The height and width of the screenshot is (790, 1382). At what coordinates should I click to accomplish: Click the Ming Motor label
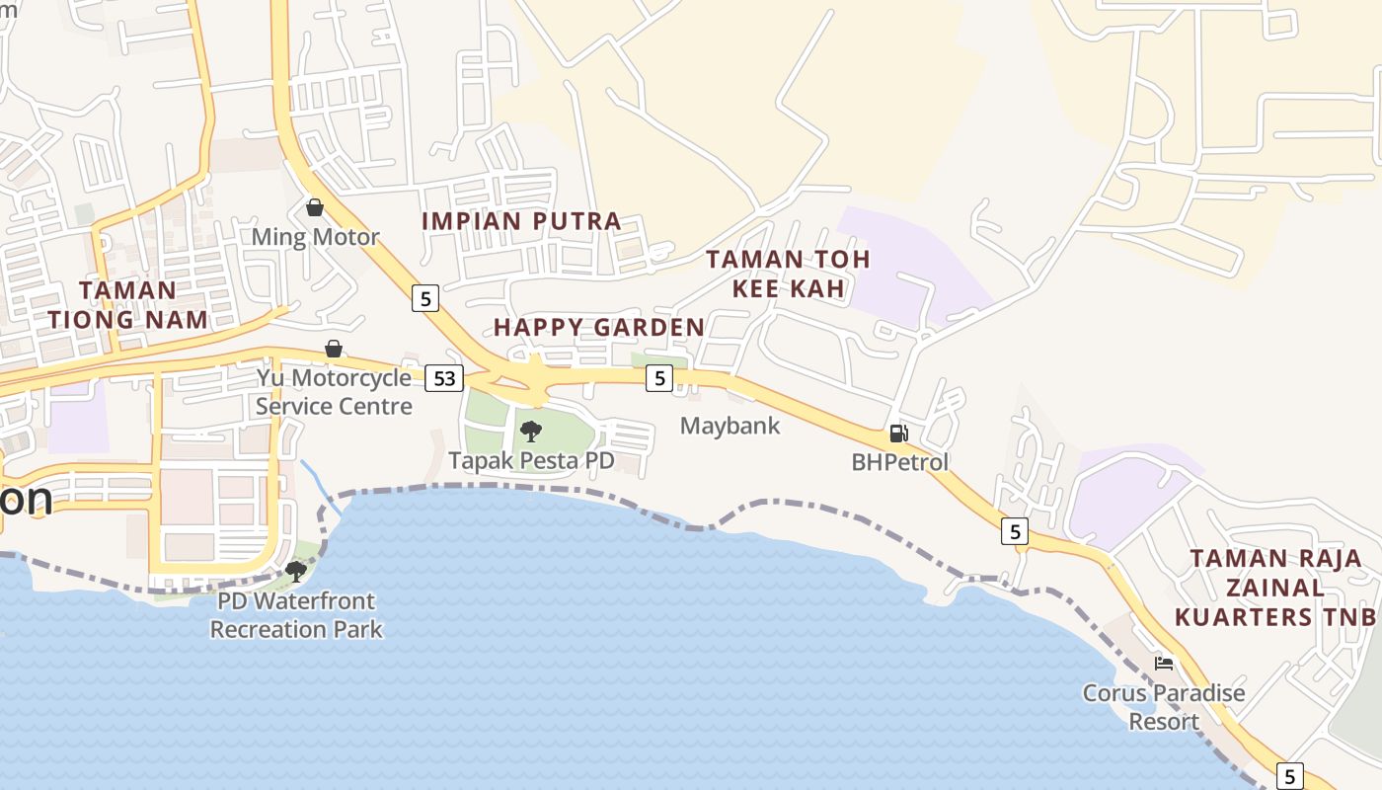315,237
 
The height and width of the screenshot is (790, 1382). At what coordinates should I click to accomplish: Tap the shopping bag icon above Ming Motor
315,207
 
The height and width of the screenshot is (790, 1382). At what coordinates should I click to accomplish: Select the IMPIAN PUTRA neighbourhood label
521,221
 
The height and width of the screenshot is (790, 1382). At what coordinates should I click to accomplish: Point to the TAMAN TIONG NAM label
128,304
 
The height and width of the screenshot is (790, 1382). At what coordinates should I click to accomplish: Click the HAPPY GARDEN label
599,327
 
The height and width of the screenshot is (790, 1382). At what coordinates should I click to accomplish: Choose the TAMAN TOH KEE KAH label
789,274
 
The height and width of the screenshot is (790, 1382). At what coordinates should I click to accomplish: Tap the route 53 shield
444,377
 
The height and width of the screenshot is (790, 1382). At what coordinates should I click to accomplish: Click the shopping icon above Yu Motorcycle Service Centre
334,350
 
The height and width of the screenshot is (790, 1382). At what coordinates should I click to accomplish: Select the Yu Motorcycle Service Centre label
334,392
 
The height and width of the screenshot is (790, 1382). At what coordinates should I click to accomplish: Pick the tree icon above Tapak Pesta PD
531,432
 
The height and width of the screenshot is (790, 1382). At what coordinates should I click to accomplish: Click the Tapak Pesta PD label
531,461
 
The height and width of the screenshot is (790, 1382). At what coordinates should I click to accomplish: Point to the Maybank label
730,426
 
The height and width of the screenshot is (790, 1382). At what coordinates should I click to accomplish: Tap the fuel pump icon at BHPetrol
899,434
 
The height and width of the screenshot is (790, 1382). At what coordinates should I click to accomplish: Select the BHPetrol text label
899,462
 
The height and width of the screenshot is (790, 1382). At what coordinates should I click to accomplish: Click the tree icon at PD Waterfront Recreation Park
295,571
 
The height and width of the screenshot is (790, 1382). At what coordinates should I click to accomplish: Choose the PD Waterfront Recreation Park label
295,614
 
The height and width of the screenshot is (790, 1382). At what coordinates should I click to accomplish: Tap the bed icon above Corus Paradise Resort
1164,664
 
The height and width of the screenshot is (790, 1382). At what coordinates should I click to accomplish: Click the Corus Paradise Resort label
1164,707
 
